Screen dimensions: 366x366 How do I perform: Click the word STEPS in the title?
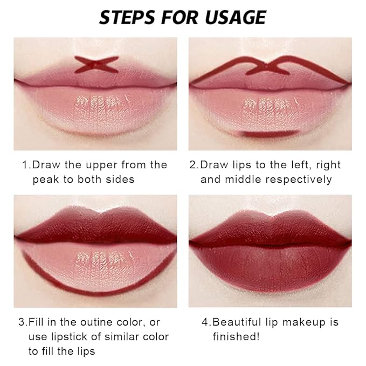point(127,17)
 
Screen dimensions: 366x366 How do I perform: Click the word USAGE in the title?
point(236,17)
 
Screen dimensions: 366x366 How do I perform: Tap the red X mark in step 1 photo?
point(96,64)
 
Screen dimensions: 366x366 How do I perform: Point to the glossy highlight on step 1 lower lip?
point(102,103)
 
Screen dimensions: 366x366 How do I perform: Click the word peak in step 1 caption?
point(46,179)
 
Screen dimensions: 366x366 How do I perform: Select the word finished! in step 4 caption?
point(236,336)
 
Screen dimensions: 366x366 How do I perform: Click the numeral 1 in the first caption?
point(25,165)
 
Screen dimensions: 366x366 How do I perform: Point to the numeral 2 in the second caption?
point(193,165)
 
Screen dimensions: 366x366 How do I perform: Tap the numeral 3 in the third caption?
point(22,322)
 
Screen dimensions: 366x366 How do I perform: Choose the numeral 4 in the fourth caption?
point(205,322)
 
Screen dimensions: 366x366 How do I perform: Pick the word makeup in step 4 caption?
point(303,323)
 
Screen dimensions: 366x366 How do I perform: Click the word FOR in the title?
point(180,17)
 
